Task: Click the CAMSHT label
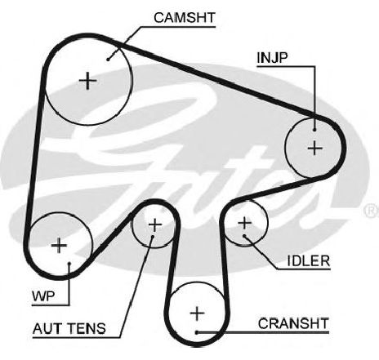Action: click(185, 18)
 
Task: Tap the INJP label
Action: click(272, 58)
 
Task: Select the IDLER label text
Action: click(309, 260)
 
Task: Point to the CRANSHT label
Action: click(293, 323)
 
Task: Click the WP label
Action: click(43, 296)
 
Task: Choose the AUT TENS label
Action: click(69, 328)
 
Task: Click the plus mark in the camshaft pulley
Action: click(87, 81)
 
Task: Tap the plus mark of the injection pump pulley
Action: click(314, 149)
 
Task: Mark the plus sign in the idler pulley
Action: click(245, 223)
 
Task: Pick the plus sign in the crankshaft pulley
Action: click(197, 313)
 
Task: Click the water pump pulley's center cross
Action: click(59, 246)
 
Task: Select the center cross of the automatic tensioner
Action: click(155, 224)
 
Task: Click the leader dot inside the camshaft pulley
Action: click(108, 60)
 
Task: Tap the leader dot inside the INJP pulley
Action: click(314, 130)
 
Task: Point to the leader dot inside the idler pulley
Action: click(244, 236)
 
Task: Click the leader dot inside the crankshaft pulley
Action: click(197, 332)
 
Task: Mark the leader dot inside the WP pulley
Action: click(69, 264)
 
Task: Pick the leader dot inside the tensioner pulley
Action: click(153, 237)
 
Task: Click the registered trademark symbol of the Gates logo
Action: click(372, 210)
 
